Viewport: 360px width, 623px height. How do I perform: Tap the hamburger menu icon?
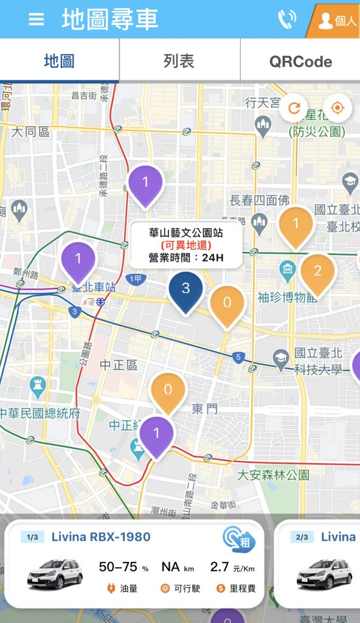(36, 19)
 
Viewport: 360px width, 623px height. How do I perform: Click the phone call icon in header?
(286, 19)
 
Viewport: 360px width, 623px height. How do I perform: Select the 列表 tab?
(179, 61)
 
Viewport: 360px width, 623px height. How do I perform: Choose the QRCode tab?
(300, 61)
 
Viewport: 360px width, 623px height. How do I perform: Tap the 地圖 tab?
(59, 61)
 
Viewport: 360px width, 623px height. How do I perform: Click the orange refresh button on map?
(294, 108)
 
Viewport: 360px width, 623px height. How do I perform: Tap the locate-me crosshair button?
(338, 108)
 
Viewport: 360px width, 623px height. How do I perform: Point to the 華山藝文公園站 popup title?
(185, 232)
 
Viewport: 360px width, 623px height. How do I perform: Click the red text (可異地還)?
(185, 245)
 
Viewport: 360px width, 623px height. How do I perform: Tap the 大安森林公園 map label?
(273, 475)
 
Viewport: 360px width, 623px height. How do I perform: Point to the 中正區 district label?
(119, 365)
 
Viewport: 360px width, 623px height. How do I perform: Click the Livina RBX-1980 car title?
(101, 537)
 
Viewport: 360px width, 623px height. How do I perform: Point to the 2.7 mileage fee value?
(220, 567)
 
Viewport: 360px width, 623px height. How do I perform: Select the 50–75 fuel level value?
(120, 567)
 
